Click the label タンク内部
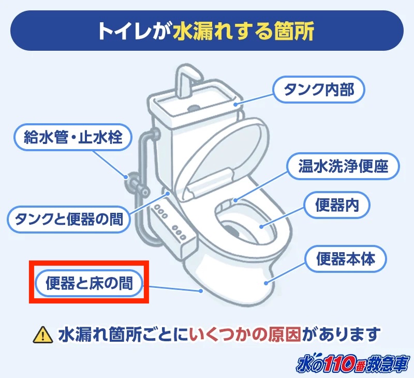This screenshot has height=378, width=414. point(319,90)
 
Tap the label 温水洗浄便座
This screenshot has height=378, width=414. point(343,166)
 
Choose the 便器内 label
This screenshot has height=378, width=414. point(337,206)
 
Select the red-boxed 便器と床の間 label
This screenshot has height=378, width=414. point(89,283)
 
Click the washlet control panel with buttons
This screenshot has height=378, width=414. point(173,222)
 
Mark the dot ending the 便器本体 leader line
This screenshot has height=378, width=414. point(265,282)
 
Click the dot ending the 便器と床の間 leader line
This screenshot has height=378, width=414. point(200,291)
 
